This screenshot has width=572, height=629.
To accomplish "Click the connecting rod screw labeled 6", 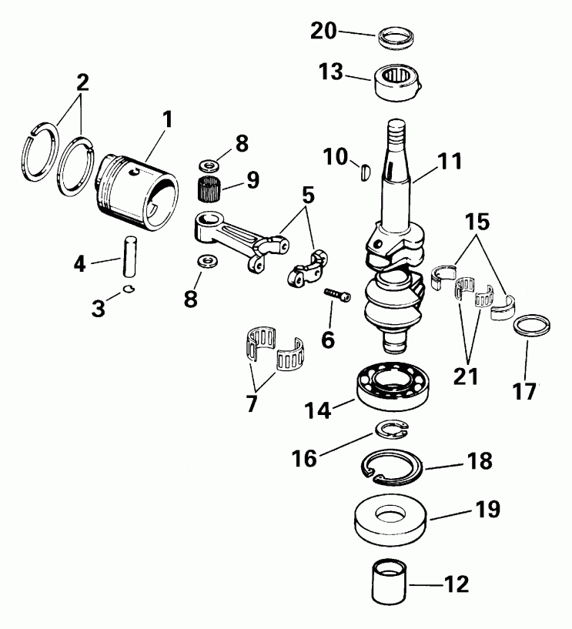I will tap(336, 294).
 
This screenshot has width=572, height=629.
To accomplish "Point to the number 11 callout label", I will tap(451, 162).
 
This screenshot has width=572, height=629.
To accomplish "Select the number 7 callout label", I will tap(252, 403).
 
